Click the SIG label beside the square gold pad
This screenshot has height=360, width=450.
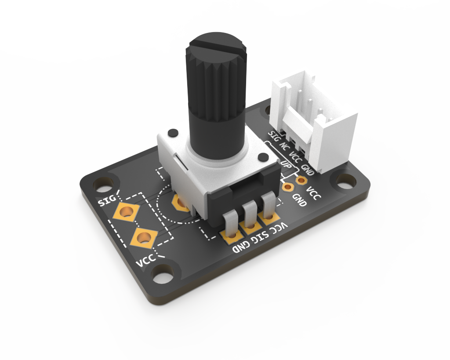click(x=107, y=201)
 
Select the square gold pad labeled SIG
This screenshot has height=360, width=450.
click(x=125, y=212)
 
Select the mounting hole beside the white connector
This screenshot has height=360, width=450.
click(x=346, y=179)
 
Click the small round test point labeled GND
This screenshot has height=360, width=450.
click(x=288, y=188)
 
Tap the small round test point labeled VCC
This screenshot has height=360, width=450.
click(x=301, y=180)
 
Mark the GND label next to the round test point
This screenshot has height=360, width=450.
click(x=300, y=200)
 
